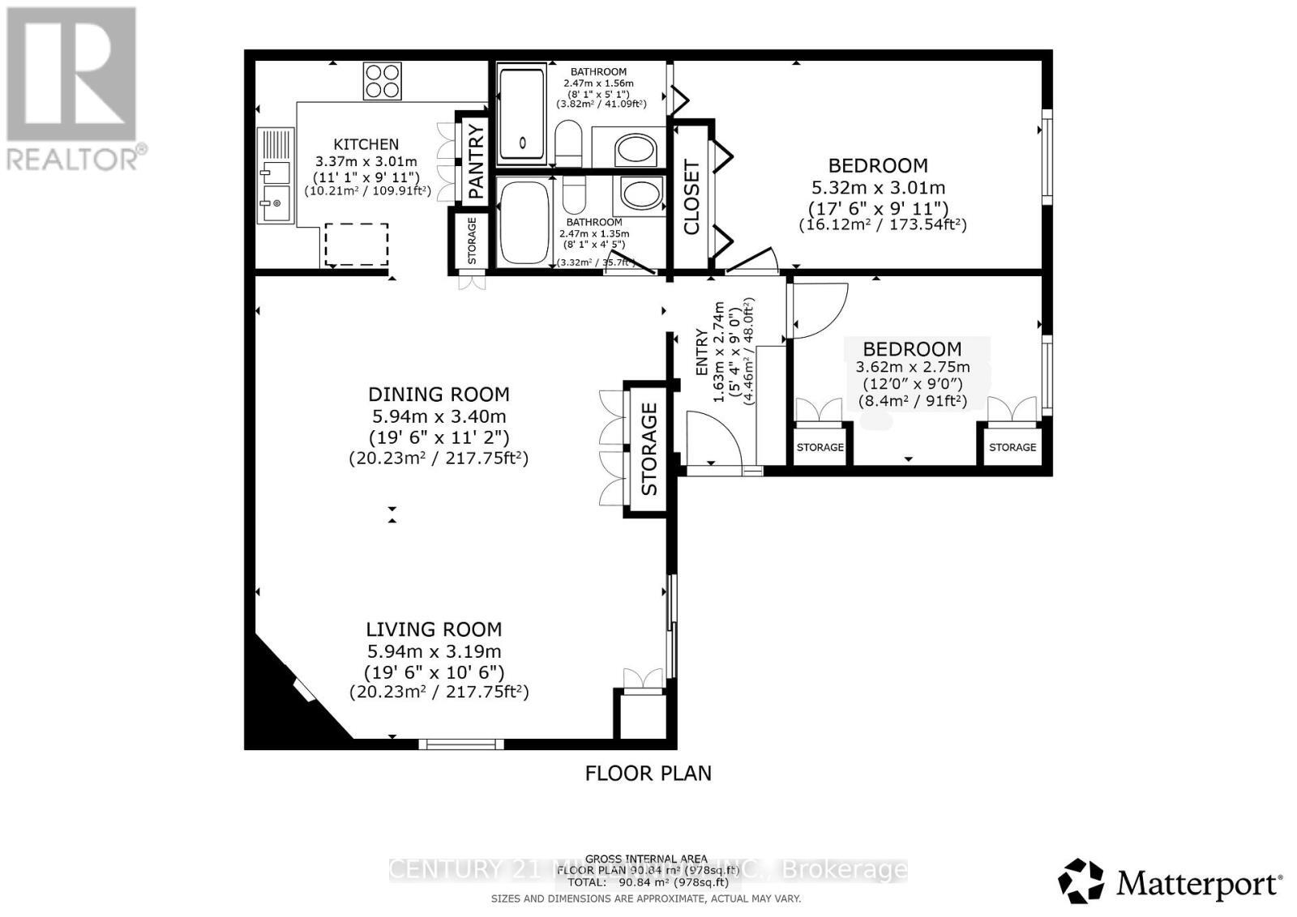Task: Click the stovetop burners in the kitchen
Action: pyautogui.click(x=383, y=81)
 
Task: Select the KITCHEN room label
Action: pyautogui.click(x=366, y=144)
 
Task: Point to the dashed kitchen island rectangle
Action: pyautogui.click(x=357, y=245)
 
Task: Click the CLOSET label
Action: pyautogui.click(x=691, y=198)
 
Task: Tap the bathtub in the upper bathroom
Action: pyautogui.click(x=522, y=116)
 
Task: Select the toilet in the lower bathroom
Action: pyautogui.click(x=574, y=194)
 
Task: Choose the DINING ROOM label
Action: pyautogui.click(x=439, y=395)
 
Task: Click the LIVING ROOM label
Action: pyautogui.click(x=434, y=629)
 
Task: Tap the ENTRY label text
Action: pyautogui.click(x=702, y=352)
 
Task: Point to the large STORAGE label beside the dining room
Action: pyautogui.click(x=648, y=450)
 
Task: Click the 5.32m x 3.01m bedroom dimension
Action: pyautogui.click(x=878, y=188)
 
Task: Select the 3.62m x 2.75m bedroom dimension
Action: pyautogui.click(x=913, y=367)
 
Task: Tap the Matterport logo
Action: pyautogui.click(x=1171, y=881)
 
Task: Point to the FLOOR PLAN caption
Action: pyautogui.click(x=648, y=774)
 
